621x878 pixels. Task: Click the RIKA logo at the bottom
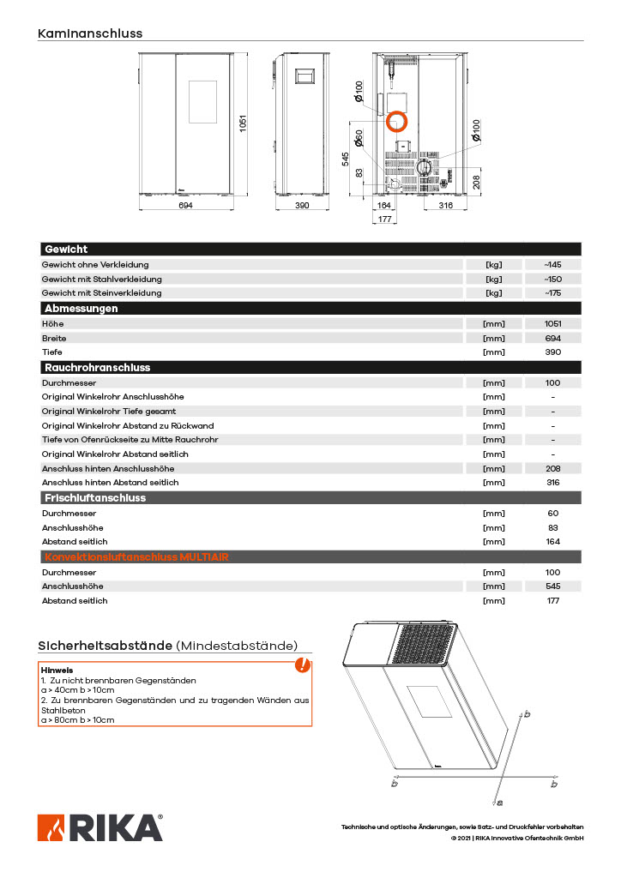99,827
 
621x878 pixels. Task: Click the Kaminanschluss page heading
90,33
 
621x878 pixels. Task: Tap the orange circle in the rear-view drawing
396,122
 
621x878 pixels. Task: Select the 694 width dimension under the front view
185,207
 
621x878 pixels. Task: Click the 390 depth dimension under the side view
302,207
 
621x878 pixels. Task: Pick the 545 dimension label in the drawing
346,159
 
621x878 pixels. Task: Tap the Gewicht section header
66,250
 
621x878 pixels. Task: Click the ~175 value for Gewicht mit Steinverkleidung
552,293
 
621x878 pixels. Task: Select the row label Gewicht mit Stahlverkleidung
101,279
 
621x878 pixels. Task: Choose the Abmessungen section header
81,308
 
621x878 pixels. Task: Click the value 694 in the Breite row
552,338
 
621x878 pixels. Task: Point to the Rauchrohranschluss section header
97,367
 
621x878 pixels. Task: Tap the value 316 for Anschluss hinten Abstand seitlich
552,483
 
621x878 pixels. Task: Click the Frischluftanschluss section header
95,497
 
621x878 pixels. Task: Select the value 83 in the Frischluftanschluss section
552,527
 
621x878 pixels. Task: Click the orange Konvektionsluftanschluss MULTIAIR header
136,557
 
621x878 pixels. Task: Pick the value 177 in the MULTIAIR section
552,601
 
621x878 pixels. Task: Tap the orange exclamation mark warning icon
302,665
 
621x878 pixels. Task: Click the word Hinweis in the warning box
57,670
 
